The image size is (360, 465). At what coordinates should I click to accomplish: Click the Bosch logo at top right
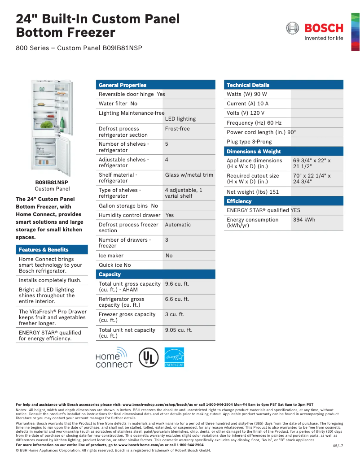point(315,31)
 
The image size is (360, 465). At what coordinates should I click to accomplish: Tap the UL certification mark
point(148,357)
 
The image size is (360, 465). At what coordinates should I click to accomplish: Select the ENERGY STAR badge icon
point(174,357)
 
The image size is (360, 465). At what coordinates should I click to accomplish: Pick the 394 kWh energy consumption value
point(304,220)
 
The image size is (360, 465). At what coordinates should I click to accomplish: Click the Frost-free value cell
point(177,129)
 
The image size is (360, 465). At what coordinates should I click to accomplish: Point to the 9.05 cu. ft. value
point(178,330)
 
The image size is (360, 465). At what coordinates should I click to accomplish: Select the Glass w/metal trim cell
point(189,175)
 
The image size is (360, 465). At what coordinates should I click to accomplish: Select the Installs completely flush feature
point(50,280)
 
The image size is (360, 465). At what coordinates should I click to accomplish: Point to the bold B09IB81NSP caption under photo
point(52,183)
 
